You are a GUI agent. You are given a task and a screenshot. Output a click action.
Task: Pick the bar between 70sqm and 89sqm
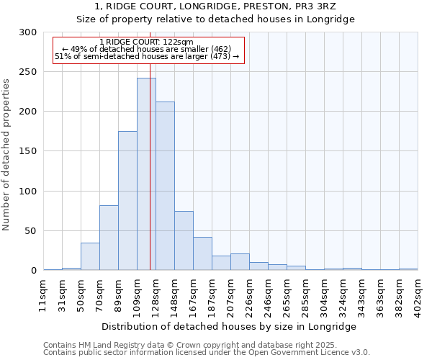(109, 238)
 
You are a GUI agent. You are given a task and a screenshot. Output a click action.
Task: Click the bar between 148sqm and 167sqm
(184, 240)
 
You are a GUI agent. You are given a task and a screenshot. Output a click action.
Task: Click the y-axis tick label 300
(28, 32)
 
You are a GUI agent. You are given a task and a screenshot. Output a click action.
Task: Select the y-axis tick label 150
(28, 151)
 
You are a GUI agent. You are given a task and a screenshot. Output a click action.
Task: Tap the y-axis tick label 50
(31, 231)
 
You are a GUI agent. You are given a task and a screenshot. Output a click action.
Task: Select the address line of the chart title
(215, 6)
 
